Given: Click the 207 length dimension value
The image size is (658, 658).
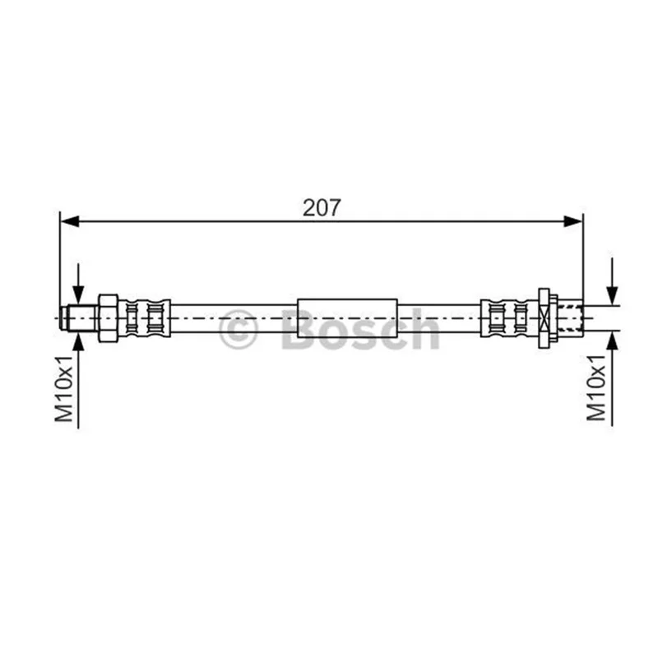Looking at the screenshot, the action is click(x=322, y=207).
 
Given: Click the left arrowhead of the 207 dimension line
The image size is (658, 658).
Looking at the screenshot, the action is click(x=70, y=221).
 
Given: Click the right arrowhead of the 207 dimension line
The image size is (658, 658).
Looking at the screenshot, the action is click(x=573, y=221).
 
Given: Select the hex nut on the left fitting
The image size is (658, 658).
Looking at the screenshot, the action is click(x=108, y=318).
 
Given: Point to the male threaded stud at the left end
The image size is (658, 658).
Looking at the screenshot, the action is click(x=78, y=318).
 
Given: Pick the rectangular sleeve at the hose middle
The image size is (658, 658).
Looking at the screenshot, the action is click(x=347, y=318).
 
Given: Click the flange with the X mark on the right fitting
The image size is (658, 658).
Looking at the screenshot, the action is click(x=544, y=318).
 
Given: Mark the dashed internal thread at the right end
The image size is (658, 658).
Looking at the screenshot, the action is click(x=570, y=318).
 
